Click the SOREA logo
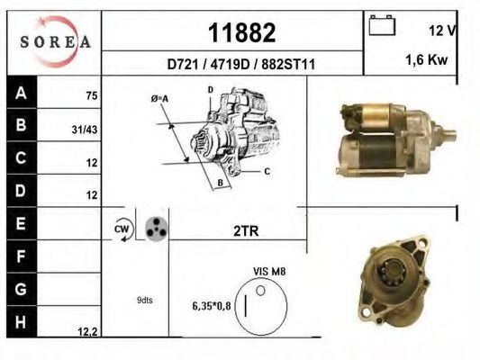55,41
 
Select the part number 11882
242,32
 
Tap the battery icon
382,25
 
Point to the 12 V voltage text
443,31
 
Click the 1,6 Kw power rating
427,59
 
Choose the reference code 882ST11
288,65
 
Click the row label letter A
21,93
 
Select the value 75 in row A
92,96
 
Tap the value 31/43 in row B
85,130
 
